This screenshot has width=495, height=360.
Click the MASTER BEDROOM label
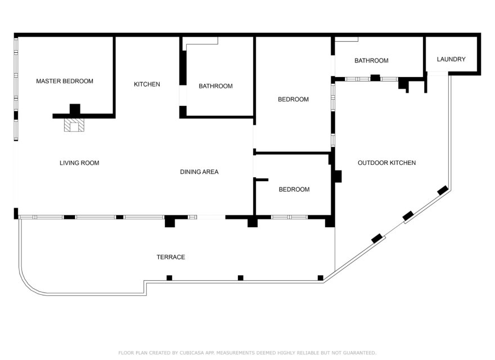tap(65, 81)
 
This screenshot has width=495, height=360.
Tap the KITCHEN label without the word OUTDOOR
tap(147, 84)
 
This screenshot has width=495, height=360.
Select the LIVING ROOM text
tap(79, 163)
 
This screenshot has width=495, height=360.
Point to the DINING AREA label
tap(199, 172)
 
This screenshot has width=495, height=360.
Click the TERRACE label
tap(170, 257)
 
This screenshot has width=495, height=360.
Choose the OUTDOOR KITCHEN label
tap(386, 163)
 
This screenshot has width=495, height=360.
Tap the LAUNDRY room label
tap(451, 59)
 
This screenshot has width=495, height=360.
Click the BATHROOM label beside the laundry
tap(371, 61)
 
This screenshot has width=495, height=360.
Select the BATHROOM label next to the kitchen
tap(215, 86)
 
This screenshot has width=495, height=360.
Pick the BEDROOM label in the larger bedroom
tap(293, 100)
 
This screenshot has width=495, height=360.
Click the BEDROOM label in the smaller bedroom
tap(294, 190)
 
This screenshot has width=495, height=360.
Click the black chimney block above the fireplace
tap(75, 109)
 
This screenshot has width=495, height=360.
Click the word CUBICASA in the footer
tap(194, 353)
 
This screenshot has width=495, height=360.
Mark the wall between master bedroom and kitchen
tap(114, 76)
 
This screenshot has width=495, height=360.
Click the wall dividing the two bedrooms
tap(292, 152)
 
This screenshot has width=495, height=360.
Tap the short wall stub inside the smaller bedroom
tap(262, 179)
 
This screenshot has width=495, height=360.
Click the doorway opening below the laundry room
tap(437, 73)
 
